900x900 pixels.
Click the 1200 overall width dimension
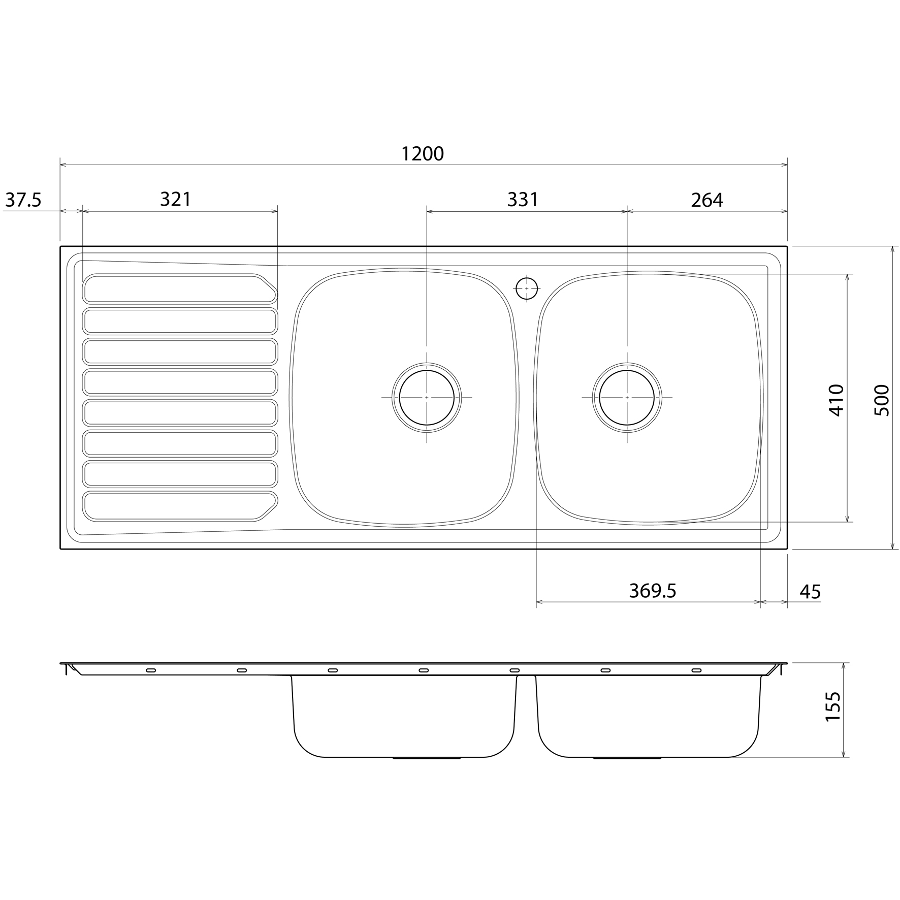click(423, 153)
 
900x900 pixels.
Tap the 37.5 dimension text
click(23, 201)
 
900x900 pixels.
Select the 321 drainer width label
click(175, 199)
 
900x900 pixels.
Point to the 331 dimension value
click(523, 200)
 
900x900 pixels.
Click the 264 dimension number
click(707, 201)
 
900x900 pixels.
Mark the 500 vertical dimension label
click(882, 400)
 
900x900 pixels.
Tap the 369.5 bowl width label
click(653, 591)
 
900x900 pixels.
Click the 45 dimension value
click(810, 592)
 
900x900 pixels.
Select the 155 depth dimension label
click(833, 706)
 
